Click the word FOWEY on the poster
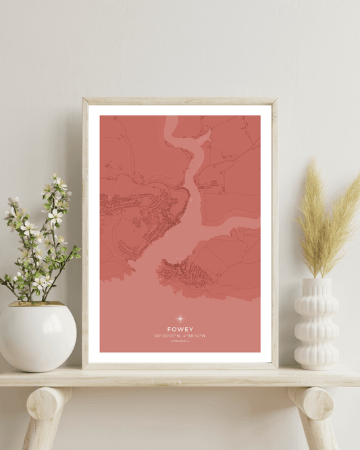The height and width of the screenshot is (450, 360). [x=180, y=330]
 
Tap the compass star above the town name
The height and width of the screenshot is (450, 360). [x=180, y=318]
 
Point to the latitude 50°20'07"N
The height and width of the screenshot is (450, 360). [x=167, y=336]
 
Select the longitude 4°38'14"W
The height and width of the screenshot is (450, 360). [x=193, y=336]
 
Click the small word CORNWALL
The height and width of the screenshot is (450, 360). [x=180, y=341]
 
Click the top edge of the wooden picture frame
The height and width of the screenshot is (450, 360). [x=180, y=101]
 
